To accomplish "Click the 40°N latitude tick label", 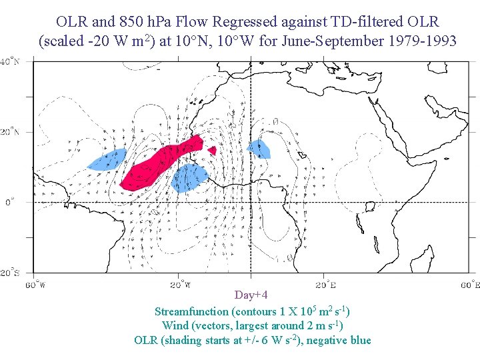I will tap(9, 62).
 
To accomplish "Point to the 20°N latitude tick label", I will tap(9, 132).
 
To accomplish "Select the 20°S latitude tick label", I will tap(9, 273).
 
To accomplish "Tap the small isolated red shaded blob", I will tap(212, 151).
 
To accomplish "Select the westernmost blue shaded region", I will tap(107, 159).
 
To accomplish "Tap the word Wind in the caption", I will tap(174, 325).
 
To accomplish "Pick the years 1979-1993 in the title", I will tap(423, 41).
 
